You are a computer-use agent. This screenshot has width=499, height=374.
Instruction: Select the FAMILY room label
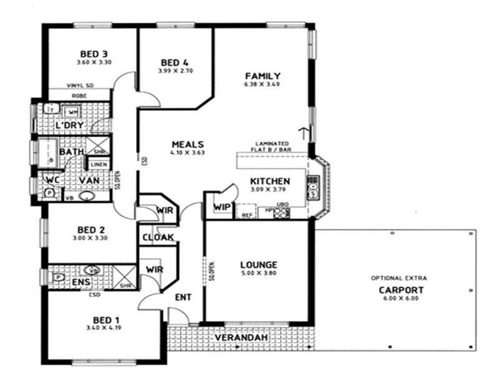point(261,75)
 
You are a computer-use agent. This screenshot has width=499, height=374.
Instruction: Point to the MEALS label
point(187,144)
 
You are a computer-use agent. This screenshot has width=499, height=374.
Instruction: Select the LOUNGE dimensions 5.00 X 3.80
point(258,273)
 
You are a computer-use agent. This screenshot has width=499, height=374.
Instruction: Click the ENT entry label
point(183,298)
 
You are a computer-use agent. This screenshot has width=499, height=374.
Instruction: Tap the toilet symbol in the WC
point(49,193)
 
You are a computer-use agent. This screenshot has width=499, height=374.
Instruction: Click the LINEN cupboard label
point(99,165)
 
